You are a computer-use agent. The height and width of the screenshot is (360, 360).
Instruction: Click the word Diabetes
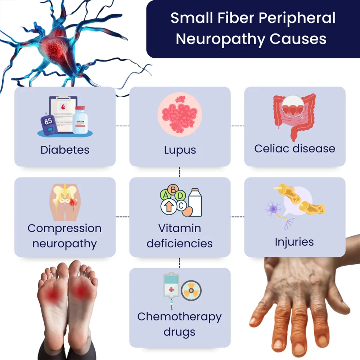click(x=65, y=150)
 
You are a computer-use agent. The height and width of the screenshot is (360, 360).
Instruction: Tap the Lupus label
click(x=180, y=150)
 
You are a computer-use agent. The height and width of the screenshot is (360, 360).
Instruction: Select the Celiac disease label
click(x=294, y=148)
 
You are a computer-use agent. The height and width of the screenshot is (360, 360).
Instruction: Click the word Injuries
click(x=294, y=242)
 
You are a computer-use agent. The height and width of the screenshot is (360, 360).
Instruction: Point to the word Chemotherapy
click(x=179, y=317)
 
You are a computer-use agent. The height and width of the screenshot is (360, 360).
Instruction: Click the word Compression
click(x=65, y=228)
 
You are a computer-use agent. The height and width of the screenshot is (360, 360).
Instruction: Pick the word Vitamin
click(x=180, y=228)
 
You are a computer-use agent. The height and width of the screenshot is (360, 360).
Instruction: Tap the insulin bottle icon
click(x=80, y=121)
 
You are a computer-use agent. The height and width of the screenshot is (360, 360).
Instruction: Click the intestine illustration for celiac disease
click(x=294, y=115)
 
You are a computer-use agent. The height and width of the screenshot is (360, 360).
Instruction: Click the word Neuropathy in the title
click(x=216, y=39)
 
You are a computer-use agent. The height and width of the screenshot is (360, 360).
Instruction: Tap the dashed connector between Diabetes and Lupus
click(x=122, y=126)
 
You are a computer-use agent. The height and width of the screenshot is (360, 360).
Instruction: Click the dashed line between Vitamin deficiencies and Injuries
click(x=237, y=217)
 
